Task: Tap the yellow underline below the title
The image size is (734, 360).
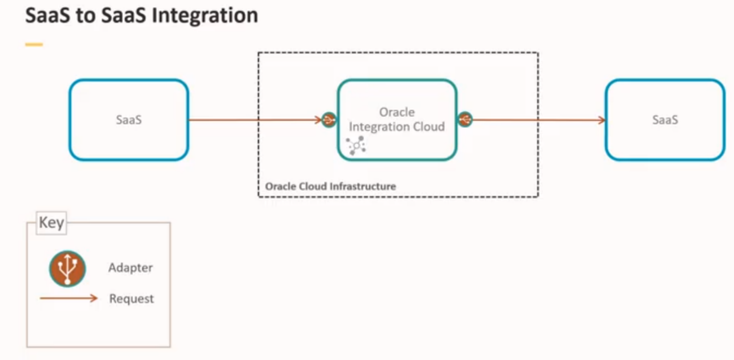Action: point(34,44)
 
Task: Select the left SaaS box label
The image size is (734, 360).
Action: point(128,120)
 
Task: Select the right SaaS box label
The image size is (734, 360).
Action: point(665,120)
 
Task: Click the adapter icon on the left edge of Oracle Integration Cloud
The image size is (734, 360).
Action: point(328,120)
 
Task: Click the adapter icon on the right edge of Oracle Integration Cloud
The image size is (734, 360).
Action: point(465,119)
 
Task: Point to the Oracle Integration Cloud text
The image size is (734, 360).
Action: point(397,120)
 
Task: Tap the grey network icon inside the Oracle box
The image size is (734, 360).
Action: point(356,145)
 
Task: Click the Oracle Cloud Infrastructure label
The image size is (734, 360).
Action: point(330,186)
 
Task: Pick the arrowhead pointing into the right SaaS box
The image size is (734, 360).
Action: point(602,120)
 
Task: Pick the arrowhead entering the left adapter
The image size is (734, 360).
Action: point(319,120)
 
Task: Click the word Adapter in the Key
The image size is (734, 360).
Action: point(131,268)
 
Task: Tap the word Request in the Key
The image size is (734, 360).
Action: point(132,299)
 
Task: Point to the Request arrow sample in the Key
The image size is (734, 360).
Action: point(68,298)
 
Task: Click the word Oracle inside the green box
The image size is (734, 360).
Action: point(397,112)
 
